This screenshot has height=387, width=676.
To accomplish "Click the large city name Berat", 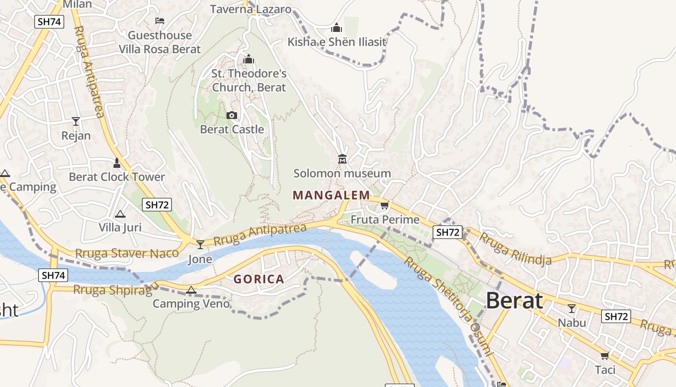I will (514, 301).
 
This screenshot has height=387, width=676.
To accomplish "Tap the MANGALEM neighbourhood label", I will (331, 195).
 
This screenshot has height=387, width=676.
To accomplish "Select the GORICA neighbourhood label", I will (259, 279).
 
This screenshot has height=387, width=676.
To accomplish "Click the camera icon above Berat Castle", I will (232, 115).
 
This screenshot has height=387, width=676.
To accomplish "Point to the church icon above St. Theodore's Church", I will (249, 60).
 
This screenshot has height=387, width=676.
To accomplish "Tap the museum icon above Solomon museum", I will (342, 159).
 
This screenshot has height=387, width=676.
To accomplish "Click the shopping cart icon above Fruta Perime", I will (384, 206).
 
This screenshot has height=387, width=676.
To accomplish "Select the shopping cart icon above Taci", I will (605, 356).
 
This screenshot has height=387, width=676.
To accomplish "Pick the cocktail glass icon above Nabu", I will (572, 308).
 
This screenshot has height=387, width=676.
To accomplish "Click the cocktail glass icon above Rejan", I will (76, 121).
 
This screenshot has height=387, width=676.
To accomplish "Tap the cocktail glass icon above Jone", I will (200, 245).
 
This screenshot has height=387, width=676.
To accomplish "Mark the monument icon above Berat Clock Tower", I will (116, 163).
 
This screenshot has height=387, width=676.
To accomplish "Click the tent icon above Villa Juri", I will (120, 214).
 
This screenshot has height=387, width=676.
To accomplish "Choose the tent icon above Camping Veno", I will (191, 290).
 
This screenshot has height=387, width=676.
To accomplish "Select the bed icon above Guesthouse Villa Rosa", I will (160, 21).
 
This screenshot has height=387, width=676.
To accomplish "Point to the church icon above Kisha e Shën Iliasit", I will (337, 28).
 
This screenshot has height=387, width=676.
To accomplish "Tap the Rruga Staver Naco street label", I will (127, 253).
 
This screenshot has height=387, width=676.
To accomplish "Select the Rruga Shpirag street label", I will (115, 289).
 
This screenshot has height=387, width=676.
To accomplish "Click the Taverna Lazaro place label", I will (251, 9).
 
